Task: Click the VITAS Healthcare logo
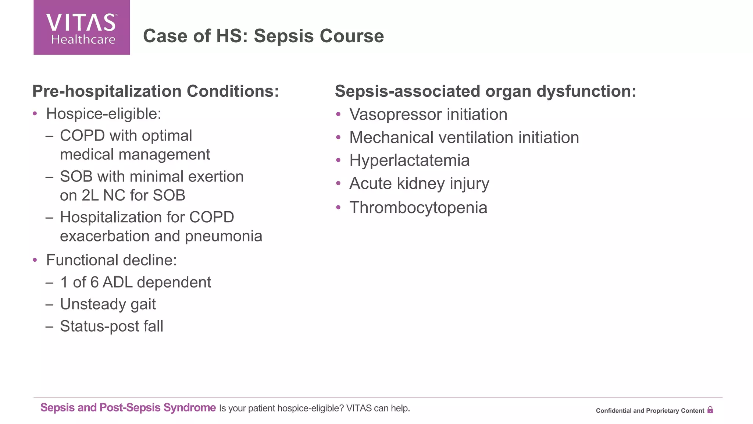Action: pyautogui.click(x=82, y=28)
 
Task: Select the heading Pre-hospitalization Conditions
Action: pyautogui.click(x=156, y=91)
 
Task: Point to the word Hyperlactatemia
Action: pyautogui.click(x=409, y=160)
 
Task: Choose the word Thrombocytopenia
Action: pyautogui.click(x=418, y=208)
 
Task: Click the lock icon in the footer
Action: pyautogui.click(x=710, y=410)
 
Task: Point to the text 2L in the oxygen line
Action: pyautogui.click(x=90, y=195)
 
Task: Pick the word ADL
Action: pyautogui.click(x=117, y=283)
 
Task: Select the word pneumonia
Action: pyautogui.click(x=224, y=236)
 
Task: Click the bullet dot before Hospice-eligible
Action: pyautogui.click(x=35, y=114)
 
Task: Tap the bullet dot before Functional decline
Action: pyautogui.click(x=35, y=260)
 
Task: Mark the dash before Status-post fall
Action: pyautogui.click(x=50, y=326)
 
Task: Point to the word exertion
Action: pyautogui.click(x=216, y=177)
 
